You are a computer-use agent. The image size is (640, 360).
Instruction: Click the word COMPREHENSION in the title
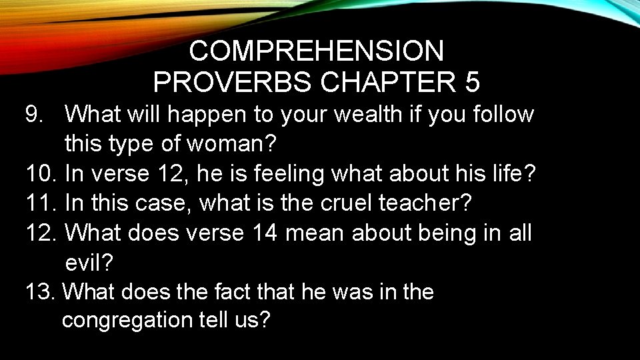coord(316,51)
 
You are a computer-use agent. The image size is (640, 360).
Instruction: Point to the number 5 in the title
coord(472,83)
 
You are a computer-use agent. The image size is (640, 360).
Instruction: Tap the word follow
coord(502,115)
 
